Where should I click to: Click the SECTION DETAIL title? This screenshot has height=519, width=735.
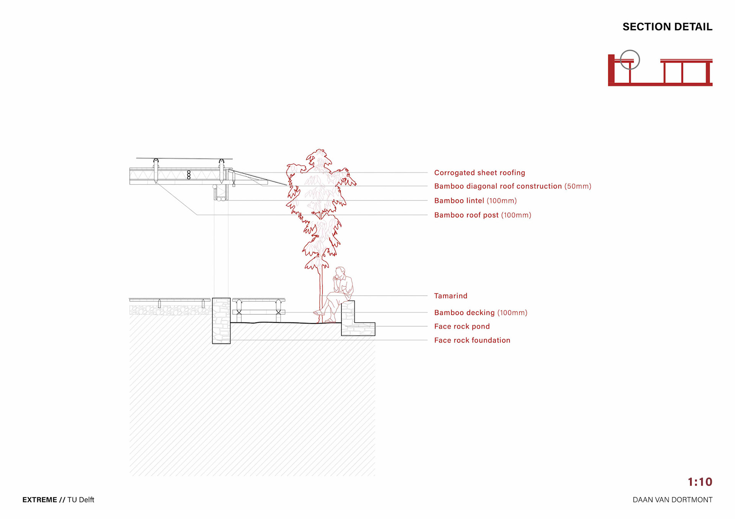667,27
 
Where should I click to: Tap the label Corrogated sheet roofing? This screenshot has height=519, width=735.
479,173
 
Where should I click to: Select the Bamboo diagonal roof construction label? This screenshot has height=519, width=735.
498,186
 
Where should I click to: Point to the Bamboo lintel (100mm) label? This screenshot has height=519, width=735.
475,201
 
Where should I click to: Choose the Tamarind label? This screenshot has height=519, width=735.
451,296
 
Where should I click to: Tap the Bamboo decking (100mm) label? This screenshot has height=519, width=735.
480,313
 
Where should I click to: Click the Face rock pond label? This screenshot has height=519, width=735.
462,327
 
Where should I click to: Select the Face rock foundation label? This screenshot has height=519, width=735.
472,340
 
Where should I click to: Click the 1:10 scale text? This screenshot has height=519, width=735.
700,482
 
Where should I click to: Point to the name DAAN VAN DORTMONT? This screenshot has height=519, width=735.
672,500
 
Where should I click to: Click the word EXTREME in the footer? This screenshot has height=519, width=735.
39,500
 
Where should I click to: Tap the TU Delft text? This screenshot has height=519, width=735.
81,500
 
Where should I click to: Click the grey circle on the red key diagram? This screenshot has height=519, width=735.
630,60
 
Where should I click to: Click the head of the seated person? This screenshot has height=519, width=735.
340,272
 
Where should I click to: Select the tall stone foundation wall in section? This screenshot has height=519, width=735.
221,321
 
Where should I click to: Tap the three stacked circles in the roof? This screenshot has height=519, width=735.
189,175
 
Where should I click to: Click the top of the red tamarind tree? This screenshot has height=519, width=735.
319,153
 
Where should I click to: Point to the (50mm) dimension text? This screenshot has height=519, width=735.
578,186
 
